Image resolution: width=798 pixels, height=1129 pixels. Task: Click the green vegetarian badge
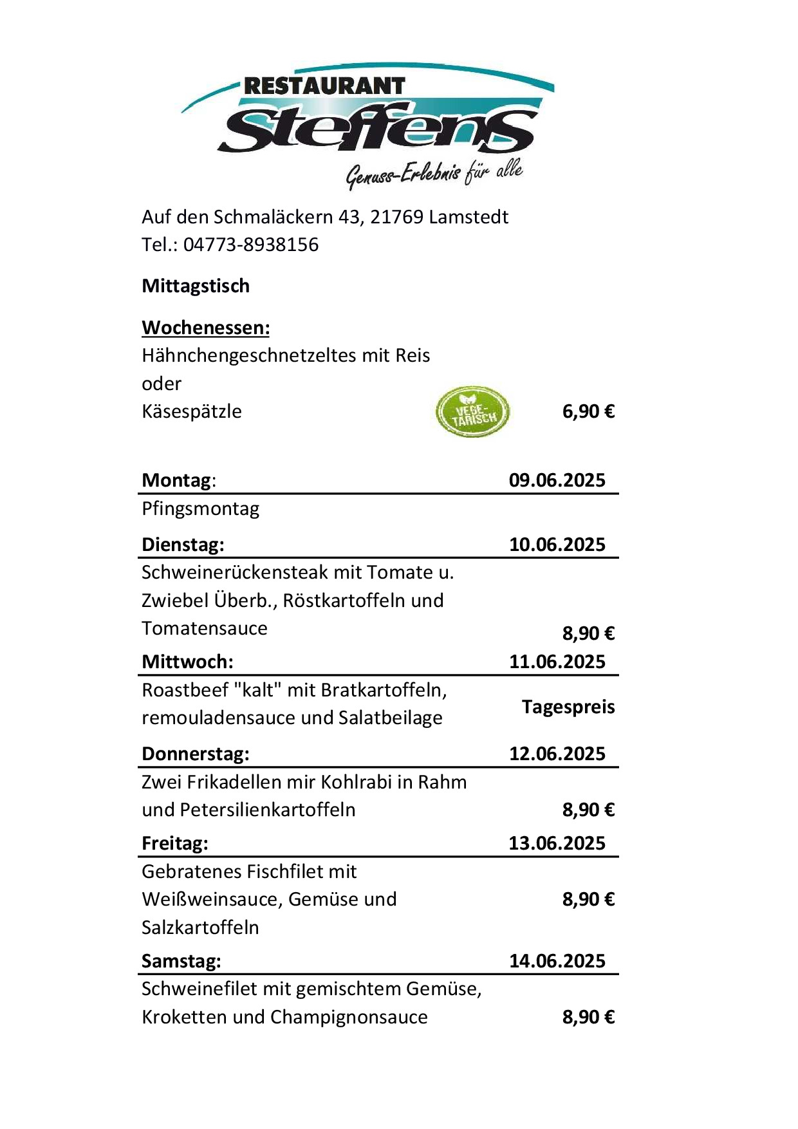click(472, 412)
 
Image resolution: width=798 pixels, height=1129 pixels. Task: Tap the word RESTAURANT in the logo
click(324, 86)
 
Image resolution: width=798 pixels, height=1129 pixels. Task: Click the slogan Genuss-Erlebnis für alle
click(434, 174)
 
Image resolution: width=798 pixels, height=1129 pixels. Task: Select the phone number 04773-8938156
click(250, 245)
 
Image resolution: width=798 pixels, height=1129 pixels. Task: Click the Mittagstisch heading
click(196, 286)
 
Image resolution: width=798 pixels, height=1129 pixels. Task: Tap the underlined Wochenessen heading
click(205, 328)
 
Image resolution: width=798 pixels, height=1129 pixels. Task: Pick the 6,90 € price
click(588, 411)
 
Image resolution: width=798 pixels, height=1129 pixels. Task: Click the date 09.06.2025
click(557, 480)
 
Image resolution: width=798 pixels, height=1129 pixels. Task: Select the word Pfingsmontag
click(200, 509)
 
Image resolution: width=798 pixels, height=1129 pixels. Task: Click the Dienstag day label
click(183, 545)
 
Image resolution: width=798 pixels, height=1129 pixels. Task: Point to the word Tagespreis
click(568, 707)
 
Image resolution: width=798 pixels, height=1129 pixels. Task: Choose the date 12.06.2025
click(557, 754)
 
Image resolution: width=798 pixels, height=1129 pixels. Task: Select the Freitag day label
click(174, 843)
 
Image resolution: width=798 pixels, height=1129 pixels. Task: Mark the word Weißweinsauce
click(212, 899)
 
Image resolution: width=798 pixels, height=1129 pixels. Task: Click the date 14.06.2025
click(557, 961)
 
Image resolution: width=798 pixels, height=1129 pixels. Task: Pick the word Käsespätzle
click(191, 411)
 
